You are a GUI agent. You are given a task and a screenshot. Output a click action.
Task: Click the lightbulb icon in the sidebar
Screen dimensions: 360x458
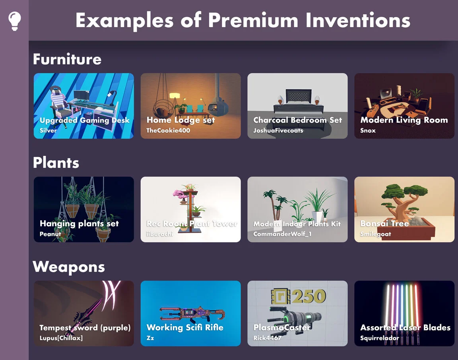(x=14, y=21)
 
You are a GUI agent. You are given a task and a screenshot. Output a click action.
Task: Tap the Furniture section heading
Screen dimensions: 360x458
(x=67, y=59)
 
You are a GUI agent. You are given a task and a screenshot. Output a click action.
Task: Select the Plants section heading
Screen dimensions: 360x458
(x=56, y=163)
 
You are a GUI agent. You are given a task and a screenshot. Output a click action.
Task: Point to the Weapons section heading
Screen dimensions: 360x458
(x=68, y=267)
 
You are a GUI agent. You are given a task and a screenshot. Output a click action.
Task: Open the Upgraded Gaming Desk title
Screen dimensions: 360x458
(x=84, y=120)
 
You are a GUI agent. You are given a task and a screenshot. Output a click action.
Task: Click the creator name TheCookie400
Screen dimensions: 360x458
(x=168, y=130)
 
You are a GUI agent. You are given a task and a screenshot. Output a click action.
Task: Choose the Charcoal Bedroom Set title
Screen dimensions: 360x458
(x=297, y=120)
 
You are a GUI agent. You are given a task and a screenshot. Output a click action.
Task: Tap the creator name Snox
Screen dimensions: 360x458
(x=368, y=130)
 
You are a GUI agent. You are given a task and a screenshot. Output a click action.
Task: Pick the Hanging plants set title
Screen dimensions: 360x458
(x=79, y=224)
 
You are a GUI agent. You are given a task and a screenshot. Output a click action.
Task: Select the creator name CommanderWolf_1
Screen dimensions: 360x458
(x=282, y=234)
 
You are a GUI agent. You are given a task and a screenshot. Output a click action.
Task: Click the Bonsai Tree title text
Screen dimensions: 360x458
(x=384, y=224)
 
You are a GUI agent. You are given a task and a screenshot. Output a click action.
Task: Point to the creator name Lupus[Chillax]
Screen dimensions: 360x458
(x=61, y=338)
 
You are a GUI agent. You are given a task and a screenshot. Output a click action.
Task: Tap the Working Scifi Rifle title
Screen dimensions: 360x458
(x=185, y=328)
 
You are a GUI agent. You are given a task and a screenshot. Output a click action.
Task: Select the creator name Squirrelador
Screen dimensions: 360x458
(x=379, y=338)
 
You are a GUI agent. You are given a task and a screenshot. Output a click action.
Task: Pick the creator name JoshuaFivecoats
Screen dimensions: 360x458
(x=278, y=130)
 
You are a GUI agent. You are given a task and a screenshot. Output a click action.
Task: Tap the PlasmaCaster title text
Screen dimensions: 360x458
(x=281, y=328)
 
